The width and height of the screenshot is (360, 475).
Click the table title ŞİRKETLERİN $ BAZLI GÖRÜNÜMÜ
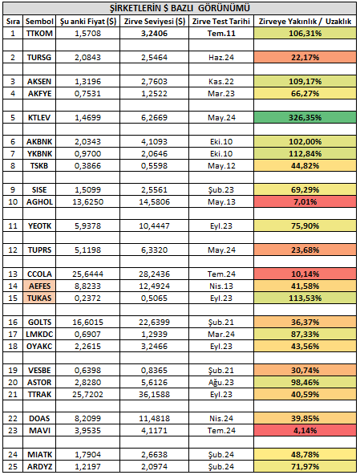(180, 8)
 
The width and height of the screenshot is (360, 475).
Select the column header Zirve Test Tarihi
(221, 21)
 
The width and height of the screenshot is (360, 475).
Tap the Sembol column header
(39, 21)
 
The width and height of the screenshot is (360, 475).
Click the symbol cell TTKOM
(39, 34)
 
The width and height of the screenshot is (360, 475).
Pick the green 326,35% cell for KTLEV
(305, 117)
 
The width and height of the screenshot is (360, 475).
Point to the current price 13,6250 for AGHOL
(88, 201)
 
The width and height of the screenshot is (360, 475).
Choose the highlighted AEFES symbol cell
(39, 286)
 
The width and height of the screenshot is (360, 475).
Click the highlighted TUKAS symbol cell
(39, 298)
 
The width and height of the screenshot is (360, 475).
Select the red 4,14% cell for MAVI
(305, 430)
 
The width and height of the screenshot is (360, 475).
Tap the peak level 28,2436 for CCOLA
(155, 274)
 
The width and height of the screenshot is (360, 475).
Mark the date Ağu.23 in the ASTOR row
(221, 382)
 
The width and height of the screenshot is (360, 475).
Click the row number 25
(13, 466)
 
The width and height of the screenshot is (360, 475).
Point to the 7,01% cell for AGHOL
(305, 201)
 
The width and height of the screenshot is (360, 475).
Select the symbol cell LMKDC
(39, 334)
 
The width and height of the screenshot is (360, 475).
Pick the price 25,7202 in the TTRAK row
(88, 395)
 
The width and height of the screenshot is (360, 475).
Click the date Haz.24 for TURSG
(221, 58)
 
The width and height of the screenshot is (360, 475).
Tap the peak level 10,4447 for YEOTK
(155, 226)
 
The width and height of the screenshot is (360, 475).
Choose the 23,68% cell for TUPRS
(305, 250)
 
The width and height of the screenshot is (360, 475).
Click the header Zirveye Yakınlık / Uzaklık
(305, 21)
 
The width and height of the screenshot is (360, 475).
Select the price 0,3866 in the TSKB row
(88, 166)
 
